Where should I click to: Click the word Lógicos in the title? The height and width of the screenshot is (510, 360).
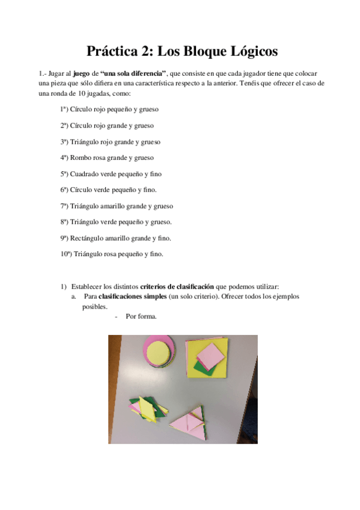coord(248,52)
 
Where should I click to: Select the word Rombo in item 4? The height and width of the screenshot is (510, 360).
coord(80,158)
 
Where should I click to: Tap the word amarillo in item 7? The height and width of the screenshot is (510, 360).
coord(118,206)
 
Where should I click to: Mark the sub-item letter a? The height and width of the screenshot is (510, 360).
coord(73,296)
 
